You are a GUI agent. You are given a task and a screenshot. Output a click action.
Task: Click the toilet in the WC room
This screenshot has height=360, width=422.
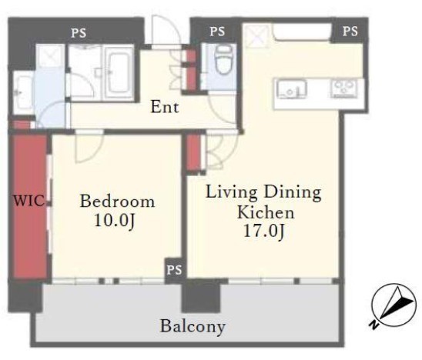pyautogui.click(x=224, y=60)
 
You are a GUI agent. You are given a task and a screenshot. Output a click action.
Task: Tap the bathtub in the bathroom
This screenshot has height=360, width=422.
pyautogui.click(x=119, y=72)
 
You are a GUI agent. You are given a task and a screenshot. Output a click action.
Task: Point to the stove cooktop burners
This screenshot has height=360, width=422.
pyautogui.click(x=343, y=88)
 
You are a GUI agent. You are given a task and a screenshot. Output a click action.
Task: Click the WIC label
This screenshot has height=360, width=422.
pyautogui.click(x=29, y=201)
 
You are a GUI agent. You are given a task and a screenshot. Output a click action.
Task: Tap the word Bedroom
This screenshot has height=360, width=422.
pyautogui.click(x=118, y=202)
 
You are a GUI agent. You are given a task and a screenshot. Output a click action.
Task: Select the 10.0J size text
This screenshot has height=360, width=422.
pyautogui.click(x=115, y=222)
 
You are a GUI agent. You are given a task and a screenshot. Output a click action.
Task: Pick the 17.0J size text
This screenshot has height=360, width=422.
pyautogui.click(x=263, y=231)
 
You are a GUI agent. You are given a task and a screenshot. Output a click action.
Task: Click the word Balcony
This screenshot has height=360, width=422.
pyautogui.click(x=193, y=326)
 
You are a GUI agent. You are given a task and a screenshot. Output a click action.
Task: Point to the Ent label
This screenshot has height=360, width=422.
pyautogui.click(x=165, y=107)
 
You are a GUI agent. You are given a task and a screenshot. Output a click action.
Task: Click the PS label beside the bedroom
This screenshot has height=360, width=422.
pyautogui.click(x=174, y=270)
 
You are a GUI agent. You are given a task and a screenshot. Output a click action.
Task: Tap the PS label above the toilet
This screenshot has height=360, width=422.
pyautogui.click(x=217, y=32)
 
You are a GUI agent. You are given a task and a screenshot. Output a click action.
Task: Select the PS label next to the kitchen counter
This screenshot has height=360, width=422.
pyautogui.click(x=350, y=32)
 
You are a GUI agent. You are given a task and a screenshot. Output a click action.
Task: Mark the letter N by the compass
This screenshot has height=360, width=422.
pyautogui.click(x=373, y=325)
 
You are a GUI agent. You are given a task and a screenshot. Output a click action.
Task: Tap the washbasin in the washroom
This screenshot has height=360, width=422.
pyautogui.click(x=22, y=92)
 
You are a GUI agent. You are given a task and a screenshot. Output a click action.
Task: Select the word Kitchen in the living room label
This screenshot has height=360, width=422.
pyautogui.click(x=266, y=212)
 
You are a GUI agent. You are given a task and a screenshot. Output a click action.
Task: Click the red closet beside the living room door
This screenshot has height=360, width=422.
pyautogui.click(x=194, y=152)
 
